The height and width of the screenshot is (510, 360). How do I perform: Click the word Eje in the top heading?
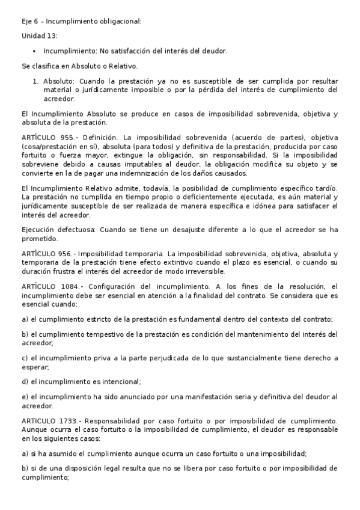tap(26, 21)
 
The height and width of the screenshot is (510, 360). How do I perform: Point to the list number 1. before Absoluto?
tap(36, 81)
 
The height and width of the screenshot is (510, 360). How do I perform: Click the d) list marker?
tap(25, 381)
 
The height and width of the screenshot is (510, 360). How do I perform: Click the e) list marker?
tap(25, 396)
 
